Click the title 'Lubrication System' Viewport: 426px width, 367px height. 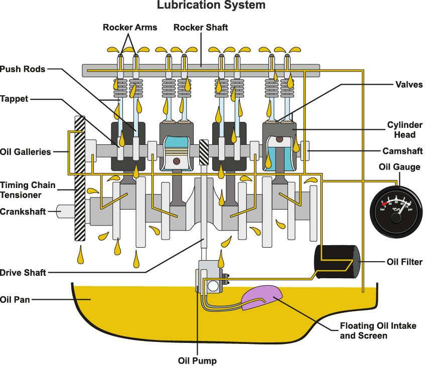(x=211, y=6)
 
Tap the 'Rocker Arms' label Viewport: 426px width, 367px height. (x=129, y=27)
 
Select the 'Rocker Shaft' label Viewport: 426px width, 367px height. (x=200, y=27)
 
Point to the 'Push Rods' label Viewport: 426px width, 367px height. (x=23, y=69)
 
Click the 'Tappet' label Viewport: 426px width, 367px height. (x=14, y=99)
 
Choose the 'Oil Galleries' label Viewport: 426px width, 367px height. (x=26, y=151)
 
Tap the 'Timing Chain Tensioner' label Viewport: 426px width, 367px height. (x=28, y=190)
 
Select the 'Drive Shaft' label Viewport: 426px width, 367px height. (x=23, y=273)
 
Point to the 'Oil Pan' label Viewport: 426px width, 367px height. (x=15, y=300)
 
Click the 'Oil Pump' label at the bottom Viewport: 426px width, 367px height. (x=197, y=360)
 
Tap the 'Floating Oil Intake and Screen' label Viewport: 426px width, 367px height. (x=378, y=330)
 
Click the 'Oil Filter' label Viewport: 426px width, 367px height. (x=404, y=262)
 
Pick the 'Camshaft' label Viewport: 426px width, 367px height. (x=402, y=151)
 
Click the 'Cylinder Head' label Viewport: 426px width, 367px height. (x=404, y=129)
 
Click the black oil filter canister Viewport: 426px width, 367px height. (x=337, y=261)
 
